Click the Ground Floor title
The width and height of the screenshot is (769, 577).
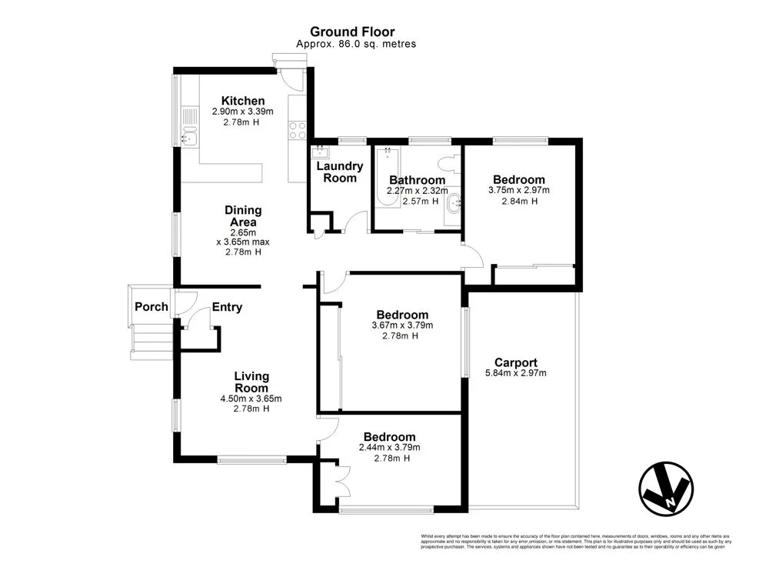pos(352,32)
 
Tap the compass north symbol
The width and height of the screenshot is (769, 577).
pos(666,488)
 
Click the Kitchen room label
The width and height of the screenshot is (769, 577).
pos(243,101)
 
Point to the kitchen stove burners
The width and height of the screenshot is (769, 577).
pos(298,131)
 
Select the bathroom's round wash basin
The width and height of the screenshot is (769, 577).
pos(453,203)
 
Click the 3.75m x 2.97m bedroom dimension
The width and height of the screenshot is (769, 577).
pos(519,190)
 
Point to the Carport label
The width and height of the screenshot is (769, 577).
pos(515,362)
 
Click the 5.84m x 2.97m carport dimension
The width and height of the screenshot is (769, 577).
pos(515,373)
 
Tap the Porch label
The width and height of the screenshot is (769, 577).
pos(151,307)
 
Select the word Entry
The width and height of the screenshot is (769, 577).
pos(227,307)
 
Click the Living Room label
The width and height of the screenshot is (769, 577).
pos(251,382)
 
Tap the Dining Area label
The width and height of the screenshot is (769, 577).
pos(243,215)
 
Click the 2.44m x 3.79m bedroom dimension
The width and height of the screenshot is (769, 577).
pos(390,447)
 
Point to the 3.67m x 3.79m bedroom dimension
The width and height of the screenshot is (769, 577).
pos(401,325)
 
